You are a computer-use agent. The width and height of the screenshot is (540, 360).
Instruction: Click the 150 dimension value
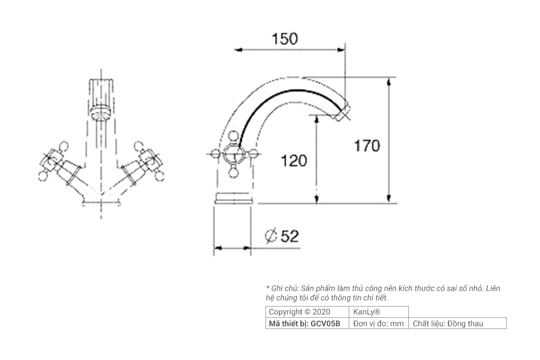285,39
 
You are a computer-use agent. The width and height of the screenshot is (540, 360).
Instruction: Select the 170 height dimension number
367,146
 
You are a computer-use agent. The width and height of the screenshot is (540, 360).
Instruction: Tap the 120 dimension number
294,161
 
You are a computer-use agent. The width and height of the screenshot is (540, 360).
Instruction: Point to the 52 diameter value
290,236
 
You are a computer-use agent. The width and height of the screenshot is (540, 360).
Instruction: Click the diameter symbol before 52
271,237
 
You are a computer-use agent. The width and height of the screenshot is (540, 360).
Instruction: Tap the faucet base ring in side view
233,198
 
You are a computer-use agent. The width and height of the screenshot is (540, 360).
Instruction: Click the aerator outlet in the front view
101,111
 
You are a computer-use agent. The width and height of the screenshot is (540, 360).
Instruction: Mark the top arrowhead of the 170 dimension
389,80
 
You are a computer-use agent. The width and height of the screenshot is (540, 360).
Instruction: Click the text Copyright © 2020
299,312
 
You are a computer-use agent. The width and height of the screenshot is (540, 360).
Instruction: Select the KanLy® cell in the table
367,312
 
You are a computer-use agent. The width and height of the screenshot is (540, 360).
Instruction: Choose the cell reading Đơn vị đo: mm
379,323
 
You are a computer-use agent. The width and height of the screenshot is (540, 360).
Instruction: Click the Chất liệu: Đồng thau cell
448,323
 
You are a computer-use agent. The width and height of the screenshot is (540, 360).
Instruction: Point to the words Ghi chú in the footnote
283,288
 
